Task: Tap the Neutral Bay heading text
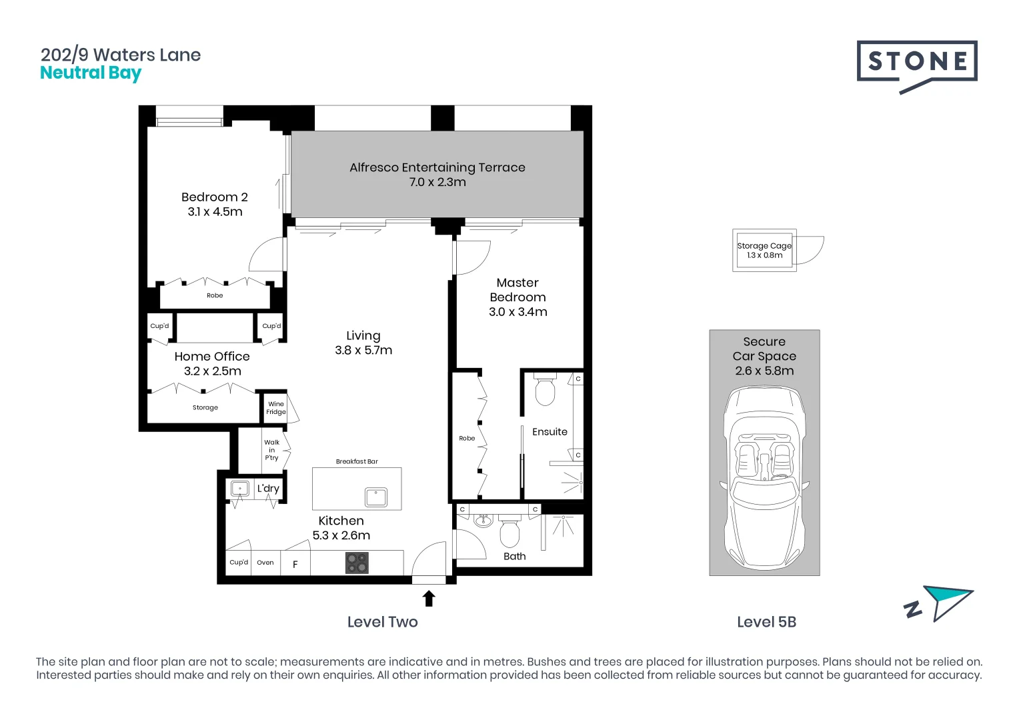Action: click(x=91, y=73)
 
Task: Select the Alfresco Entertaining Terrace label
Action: click(x=437, y=167)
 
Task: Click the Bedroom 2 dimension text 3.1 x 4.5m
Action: click(x=215, y=212)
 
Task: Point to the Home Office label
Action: click(x=212, y=357)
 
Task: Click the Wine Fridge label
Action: click(x=276, y=408)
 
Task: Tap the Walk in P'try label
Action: click(x=271, y=450)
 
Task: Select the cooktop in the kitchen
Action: click(x=357, y=563)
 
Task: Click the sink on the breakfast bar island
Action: click(x=376, y=497)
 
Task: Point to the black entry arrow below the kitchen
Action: click(x=429, y=598)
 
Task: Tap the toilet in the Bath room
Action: click(x=510, y=533)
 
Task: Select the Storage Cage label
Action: click(x=764, y=246)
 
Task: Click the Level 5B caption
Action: click(x=766, y=622)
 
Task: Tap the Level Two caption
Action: click(x=382, y=622)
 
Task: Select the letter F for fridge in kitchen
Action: click(x=295, y=565)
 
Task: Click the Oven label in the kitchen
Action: click(x=265, y=563)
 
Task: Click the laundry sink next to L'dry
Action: click(x=239, y=489)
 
